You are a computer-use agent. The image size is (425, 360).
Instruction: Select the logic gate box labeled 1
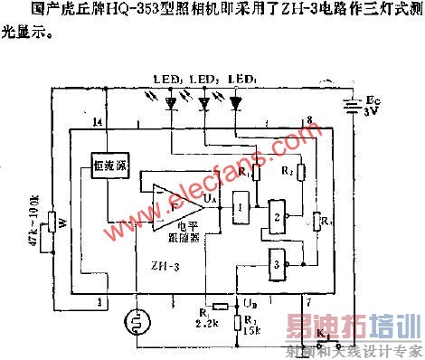(240, 207)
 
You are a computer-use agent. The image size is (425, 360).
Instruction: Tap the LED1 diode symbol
(237, 104)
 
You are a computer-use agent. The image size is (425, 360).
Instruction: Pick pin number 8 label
(309, 120)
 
